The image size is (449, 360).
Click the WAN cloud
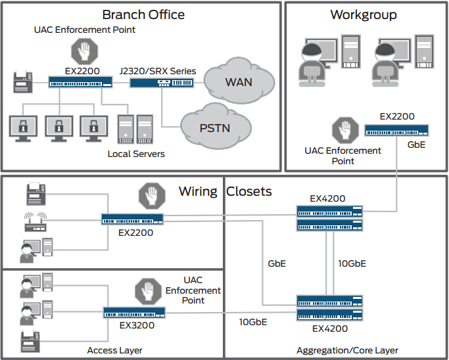pyautogui.click(x=238, y=82)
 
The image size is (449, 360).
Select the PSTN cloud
pyautogui.click(x=215, y=126)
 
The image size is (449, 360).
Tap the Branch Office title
pyautogui.click(x=143, y=14)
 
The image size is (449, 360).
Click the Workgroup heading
pyautogui.click(x=364, y=14)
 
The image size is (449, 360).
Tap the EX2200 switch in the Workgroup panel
pyautogui.click(x=397, y=130)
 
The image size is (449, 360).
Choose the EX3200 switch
pyautogui.click(x=133, y=313)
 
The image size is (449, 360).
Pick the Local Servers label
pyautogui.click(x=136, y=154)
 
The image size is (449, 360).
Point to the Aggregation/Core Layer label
pyautogui.click(x=347, y=350)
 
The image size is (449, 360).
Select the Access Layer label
pyautogui.click(x=114, y=350)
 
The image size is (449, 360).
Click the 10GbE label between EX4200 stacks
pyautogui.click(x=351, y=263)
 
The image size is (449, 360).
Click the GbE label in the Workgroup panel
pyautogui.click(x=417, y=145)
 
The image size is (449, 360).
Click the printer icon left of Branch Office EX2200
pyautogui.click(x=23, y=83)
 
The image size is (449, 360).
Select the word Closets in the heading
pyautogui.click(x=249, y=192)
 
